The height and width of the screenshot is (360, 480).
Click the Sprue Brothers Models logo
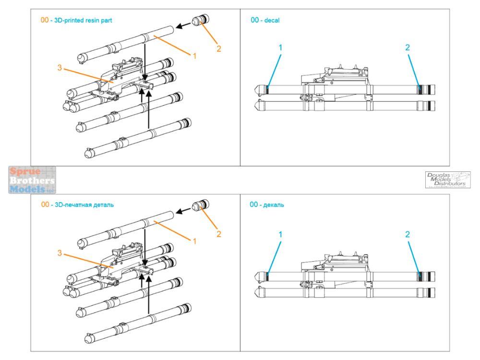32,180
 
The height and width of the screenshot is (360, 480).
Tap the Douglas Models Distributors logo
447,180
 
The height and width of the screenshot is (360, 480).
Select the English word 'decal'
272,20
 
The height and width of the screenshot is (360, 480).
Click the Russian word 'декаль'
274,205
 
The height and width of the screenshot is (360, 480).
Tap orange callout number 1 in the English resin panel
195,56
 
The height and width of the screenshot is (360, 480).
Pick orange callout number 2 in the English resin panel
219,48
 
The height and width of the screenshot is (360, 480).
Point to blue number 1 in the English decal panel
280,48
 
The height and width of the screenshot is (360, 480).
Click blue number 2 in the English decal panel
408,48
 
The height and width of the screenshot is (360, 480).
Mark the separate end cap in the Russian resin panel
199,206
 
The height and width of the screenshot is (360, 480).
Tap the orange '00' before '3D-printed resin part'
45,20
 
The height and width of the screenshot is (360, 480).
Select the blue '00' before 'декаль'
254,205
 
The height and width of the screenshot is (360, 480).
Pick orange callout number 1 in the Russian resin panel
195,241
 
